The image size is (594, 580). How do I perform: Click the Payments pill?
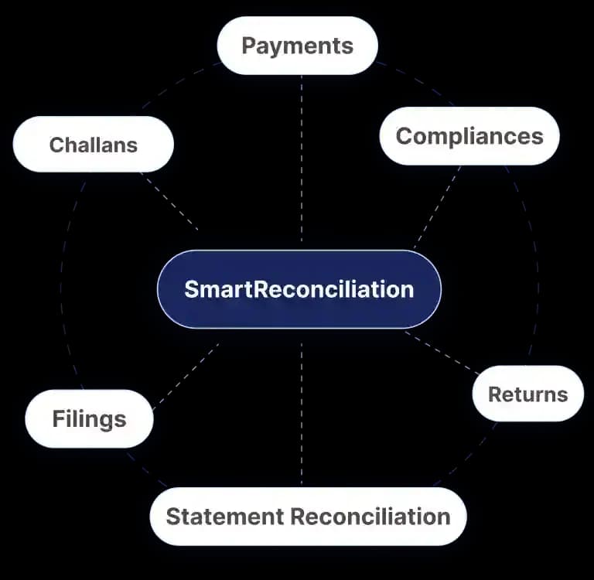tap(297, 46)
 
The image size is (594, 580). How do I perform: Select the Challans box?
tap(93, 145)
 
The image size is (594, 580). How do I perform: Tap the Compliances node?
tap(469, 136)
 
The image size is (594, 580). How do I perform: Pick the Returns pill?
tap(528, 394)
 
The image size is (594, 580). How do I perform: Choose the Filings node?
tap(90, 418)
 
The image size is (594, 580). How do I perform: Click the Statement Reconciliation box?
tap(308, 517)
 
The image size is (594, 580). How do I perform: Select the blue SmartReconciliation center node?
tap(299, 289)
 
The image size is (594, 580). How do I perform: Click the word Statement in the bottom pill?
tap(225, 517)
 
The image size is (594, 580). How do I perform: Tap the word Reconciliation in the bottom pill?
tap(370, 517)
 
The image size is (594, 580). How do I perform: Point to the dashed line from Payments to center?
tap(302, 159)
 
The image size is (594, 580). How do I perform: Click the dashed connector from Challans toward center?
tap(169, 201)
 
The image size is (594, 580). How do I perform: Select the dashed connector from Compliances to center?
tap(438, 206)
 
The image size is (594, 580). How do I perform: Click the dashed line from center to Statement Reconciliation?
tap(302, 413)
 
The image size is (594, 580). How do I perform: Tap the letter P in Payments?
tap(248, 46)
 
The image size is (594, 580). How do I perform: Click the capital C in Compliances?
tap(405, 135)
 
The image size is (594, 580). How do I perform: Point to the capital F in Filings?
tap(58, 418)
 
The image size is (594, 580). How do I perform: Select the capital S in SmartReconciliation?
tap(191, 289)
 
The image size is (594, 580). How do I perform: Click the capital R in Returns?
tap(496, 394)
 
